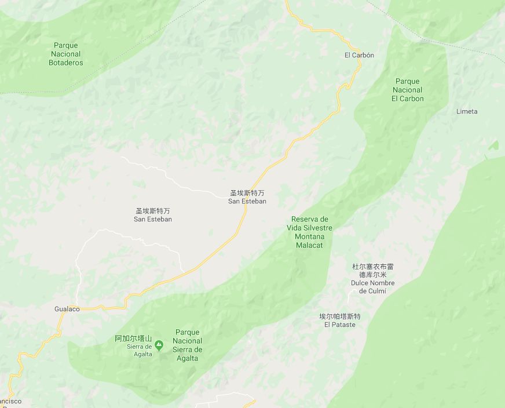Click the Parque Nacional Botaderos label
pyautogui.click(x=65, y=54)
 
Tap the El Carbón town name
pyautogui.click(x=359, y=55)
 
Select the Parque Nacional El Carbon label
pyautogui.click(x=407, y=90)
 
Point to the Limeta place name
pyautogui.click(x=467, y=111)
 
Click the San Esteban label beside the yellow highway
pyautogui.click(x=247, y=197)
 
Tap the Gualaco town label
pyautogui.click(x=67, y=309)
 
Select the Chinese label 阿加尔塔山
pyautogui.click(x=133, y=338)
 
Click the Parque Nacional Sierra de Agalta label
pyautogui.click(x=188, y=345)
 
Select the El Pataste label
pyautogui.click(x=340, y=325)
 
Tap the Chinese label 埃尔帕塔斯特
pyautogui.click(x=340, y=316)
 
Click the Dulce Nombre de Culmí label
pyautogui.click(x=372, y=287)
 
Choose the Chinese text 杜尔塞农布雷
pyautogui.click(x=372, y=267)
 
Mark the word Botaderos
pyautogui.click(x=65, y=63)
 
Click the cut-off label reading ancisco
pyautogui.click(x=10, y=401)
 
